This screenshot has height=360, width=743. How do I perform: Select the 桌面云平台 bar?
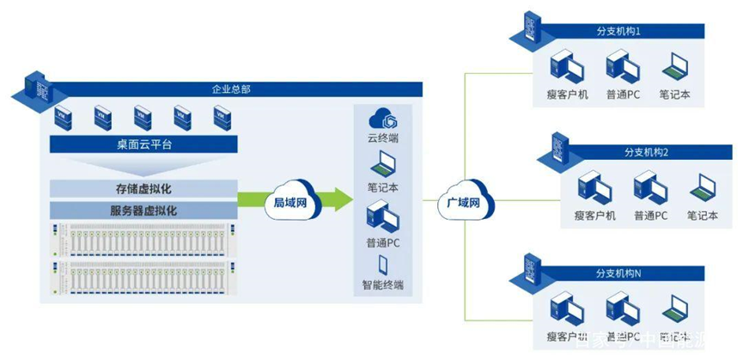click(137, 145)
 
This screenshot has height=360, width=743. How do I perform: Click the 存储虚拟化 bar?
click(137, 188)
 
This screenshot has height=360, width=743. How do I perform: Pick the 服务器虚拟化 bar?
click(137, 210)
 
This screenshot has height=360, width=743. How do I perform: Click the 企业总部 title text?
click(231, 88)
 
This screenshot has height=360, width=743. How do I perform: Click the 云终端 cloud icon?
click(381, 117)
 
